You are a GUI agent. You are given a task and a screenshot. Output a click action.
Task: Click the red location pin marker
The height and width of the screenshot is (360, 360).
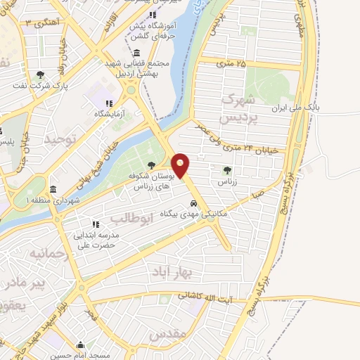point(181,166)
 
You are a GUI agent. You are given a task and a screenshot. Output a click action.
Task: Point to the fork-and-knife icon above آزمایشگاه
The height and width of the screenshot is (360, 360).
point(109,103)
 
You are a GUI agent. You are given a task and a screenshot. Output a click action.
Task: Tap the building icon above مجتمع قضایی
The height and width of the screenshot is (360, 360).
point(136,53)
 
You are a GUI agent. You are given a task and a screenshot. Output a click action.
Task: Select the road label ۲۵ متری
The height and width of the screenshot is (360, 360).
point(233,65)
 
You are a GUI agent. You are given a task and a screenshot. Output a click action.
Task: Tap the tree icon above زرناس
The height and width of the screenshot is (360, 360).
point(226,169)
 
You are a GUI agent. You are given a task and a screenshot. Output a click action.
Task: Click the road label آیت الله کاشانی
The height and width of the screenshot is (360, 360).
point(208,296)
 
